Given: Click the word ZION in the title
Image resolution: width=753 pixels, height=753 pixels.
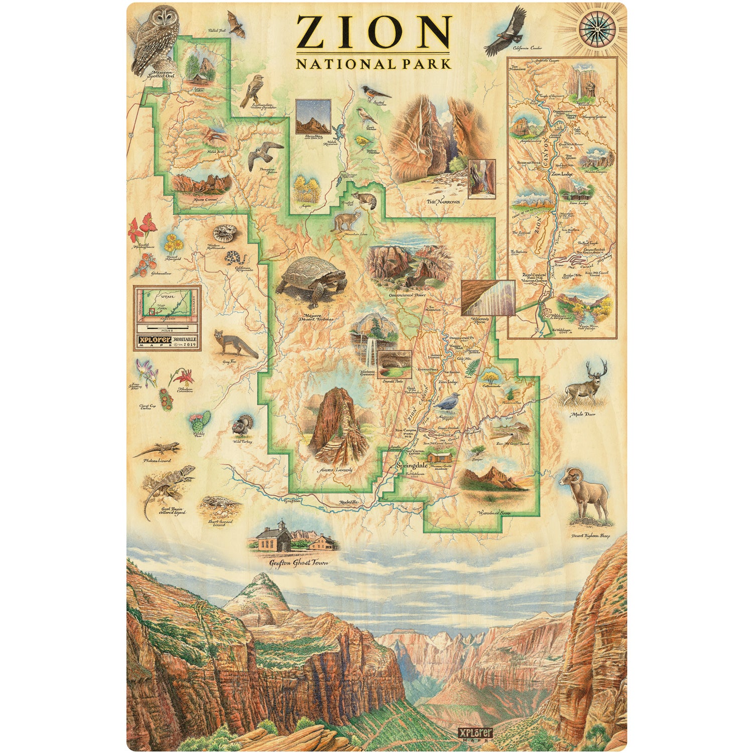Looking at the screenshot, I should (x=374, y=33).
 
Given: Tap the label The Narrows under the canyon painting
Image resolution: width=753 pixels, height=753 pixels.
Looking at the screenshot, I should (x=443, y=202).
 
